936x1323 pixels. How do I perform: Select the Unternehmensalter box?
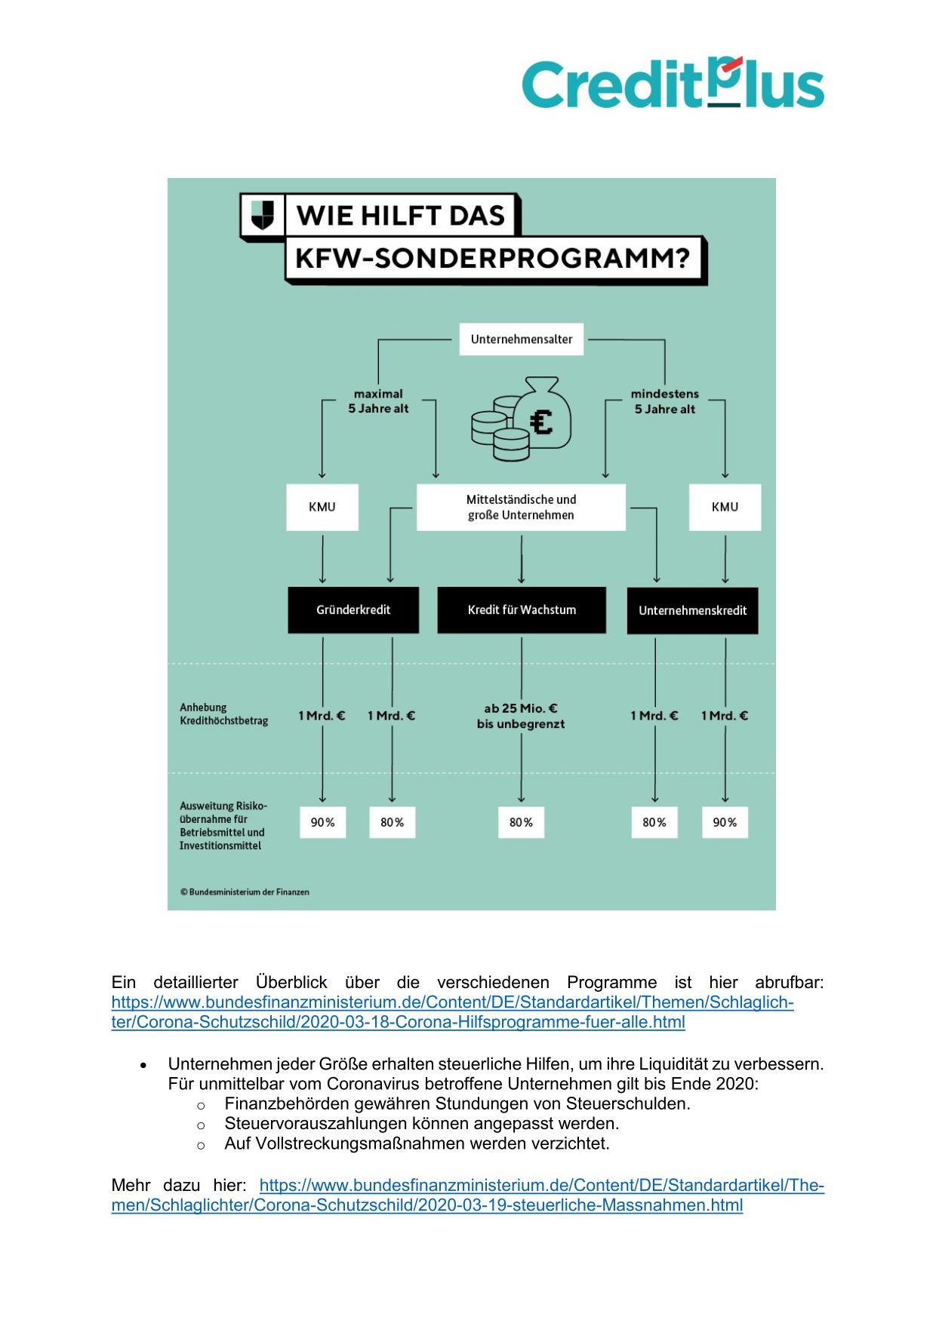(522, 339)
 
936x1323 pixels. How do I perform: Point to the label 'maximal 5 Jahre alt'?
(378, 401)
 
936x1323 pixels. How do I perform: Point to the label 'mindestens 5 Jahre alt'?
(664, 401)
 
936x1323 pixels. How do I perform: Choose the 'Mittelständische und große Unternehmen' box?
(521, 507)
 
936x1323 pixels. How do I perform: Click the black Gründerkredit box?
(353, 610)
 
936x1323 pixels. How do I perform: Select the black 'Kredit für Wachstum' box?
(522, 609)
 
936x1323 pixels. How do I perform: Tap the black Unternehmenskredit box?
(692, 610)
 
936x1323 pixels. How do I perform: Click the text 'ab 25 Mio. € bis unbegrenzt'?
(521, 716)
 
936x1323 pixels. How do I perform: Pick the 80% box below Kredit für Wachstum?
(521, 822)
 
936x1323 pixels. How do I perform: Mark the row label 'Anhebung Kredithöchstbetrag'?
(223, 714)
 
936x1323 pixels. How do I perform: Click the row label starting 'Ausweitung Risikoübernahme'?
(223, 825)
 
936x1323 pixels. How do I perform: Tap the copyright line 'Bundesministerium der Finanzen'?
(245, 892)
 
